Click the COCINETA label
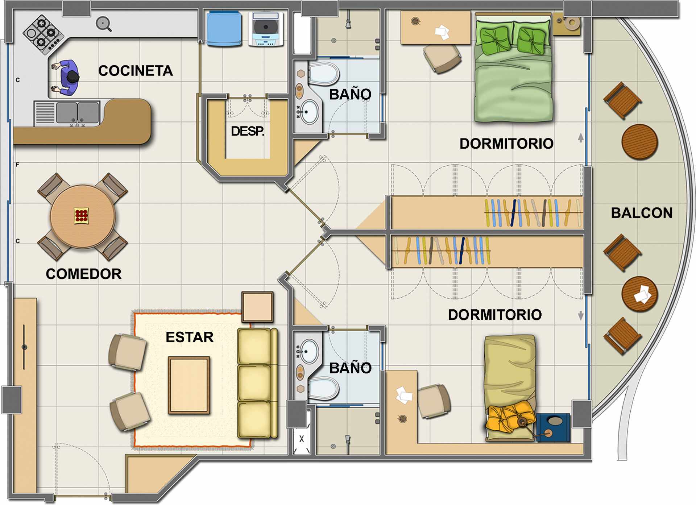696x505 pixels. point(136,71)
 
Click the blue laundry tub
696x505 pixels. point(224,29)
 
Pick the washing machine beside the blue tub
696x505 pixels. point(266,29)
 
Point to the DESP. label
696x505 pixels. point(248,131)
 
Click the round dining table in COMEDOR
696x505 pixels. point(83,217)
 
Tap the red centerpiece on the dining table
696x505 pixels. point(81,216)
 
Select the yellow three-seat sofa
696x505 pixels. point(257,383)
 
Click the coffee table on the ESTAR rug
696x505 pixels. point(189,385)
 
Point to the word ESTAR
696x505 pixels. point(190,337)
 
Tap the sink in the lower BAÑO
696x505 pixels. point(309,351)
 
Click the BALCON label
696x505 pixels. point(642,213)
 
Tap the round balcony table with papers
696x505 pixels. point(639,294)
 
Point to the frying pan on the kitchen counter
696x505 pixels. point(103,24)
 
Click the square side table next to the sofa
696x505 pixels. point(257,307)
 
